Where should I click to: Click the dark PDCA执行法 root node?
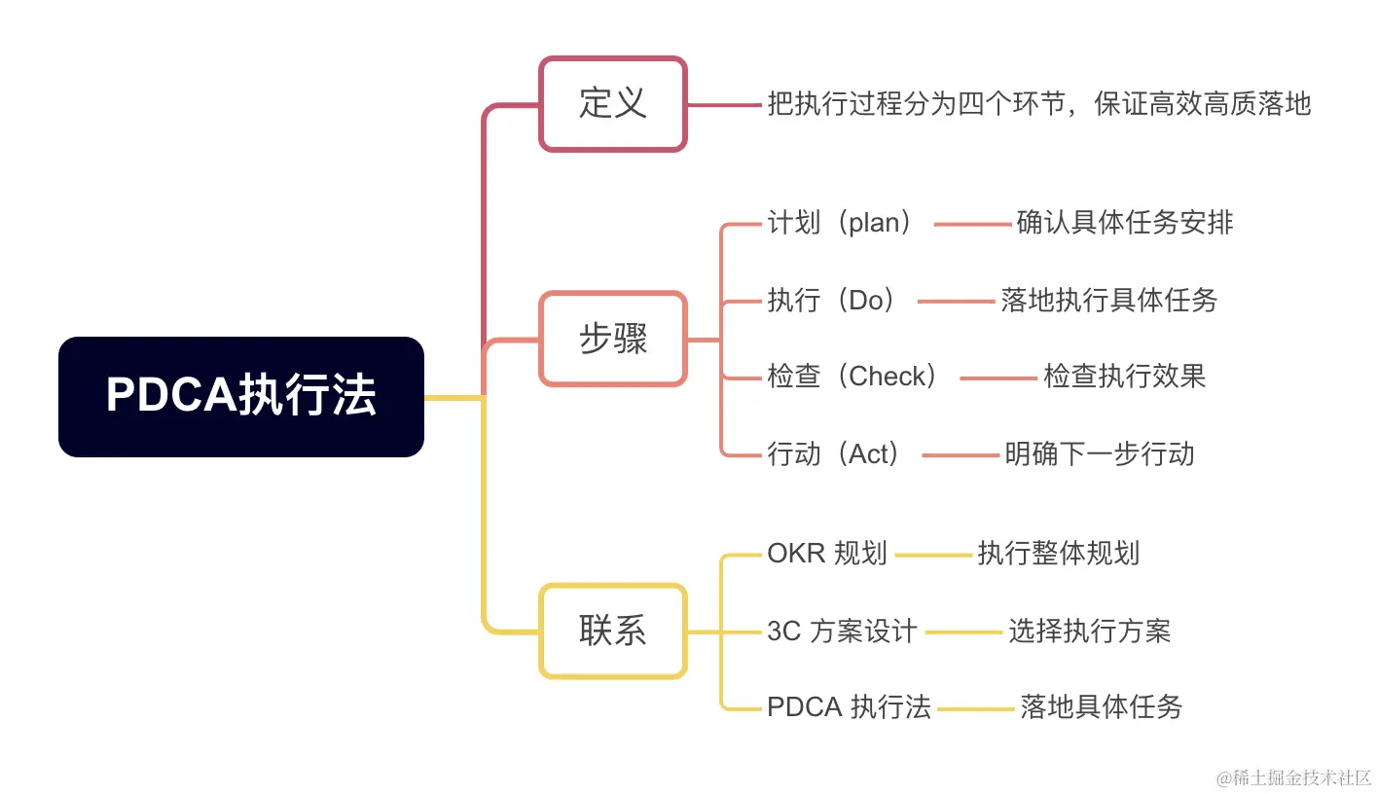click(x=241, y=397)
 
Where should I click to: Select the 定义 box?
click(x=613, y=104)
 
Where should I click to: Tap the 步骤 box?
click(x=613, y=339)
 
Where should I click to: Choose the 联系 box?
click(x=613, y=632)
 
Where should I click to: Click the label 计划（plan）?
click(x=843, y=223)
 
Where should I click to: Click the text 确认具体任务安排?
click(x=1125, y=223)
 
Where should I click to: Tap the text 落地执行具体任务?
click(x=1109, y=300)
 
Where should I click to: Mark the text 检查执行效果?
click(x=1125, y=377)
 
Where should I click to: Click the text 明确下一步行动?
click(x=1100, y=453)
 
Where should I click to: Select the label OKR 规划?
click(x=827, y=554)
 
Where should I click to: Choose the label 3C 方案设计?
click(x=842, y=632)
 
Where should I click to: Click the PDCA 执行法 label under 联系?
click(x=849, y=707)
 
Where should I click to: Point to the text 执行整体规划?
click(x=1059, y=554)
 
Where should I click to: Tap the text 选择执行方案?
click(x=1090, y=632)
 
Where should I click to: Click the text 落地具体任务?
click(x=1102, y=707)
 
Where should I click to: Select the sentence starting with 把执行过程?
click(x=1039, y=104)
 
